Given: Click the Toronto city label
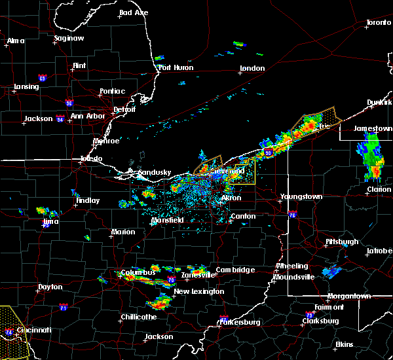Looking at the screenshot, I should point(378,23).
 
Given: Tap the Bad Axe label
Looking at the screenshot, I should point(134,12).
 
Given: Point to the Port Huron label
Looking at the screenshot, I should point(174,67).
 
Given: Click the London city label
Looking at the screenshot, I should point(252,68).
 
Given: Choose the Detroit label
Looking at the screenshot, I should point(123,109).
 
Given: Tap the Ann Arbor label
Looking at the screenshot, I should point(88,117).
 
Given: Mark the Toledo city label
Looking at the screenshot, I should point(91,159).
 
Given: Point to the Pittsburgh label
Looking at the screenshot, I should point(342,242).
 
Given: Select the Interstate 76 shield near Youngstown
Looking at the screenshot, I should point(292,214).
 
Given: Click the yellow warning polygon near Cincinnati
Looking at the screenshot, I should point(13,331).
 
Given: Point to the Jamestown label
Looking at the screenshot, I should point(372,128).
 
